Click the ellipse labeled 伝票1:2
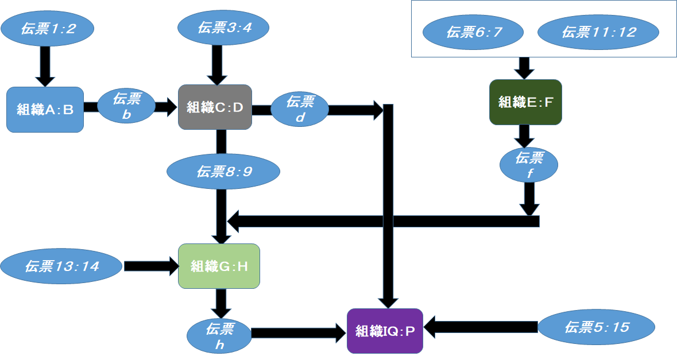(47, 29)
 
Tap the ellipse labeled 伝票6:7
(473, 32)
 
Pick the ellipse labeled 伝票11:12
(598, 32)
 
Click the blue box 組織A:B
(45, 110)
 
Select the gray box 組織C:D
(215, 107)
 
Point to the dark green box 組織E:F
(525, 102)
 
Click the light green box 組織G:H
(219, 266)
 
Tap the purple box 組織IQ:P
(385, 331)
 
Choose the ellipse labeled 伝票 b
(126, 106)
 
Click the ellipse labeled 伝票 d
(299, 109)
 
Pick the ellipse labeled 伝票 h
(219, 336)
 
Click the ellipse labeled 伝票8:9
(223, 171)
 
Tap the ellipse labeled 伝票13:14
(61, 266)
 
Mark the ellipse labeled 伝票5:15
(597, 327)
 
